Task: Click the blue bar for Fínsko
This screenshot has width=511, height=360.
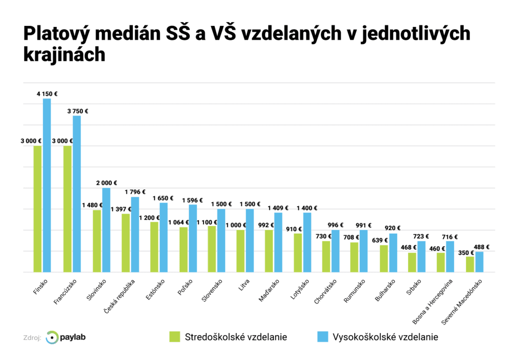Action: (x=47, y=185)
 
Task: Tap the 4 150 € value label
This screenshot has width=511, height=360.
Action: (x=47, y=93)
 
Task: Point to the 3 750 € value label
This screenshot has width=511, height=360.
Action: (x=77, y=111)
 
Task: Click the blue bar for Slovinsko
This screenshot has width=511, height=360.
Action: (x=106, y=230)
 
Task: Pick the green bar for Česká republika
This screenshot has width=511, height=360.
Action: (x=126, y=243)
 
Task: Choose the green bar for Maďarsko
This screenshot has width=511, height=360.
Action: (x=268, y=251)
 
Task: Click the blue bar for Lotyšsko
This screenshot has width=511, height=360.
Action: (x=307, y=242)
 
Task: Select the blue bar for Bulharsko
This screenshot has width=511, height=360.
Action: (x=393, y=253)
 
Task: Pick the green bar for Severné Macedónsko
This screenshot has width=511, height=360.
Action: (x=470, y=264)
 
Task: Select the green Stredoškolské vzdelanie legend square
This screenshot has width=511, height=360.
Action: (x=174, y=337)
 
